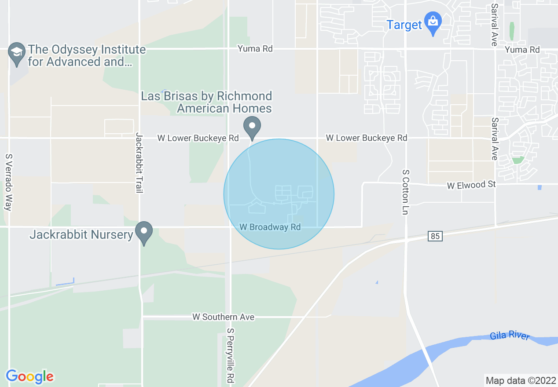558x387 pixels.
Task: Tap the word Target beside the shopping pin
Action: point(404,25)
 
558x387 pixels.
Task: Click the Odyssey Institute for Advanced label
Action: point(87,55)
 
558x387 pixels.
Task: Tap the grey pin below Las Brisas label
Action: point(252,127)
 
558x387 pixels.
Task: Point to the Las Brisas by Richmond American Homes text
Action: point(206,102)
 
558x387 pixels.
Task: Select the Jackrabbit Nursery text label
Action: point(81,235)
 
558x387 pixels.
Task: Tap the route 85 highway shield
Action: point(435,237)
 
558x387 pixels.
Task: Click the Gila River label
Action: point(509,336)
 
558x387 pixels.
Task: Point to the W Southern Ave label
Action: point(223,317)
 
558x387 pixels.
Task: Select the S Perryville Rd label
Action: point(230,355)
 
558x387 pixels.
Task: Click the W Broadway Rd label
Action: point(270,227)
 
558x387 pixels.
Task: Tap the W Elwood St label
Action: point(471,185)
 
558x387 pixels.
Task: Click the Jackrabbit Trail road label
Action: point(139,163)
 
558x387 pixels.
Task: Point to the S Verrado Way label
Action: point(8,182)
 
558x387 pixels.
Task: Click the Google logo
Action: point(29,376)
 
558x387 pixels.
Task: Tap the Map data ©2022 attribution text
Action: point(521,380)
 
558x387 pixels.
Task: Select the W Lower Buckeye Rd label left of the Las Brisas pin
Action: point(198,138)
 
